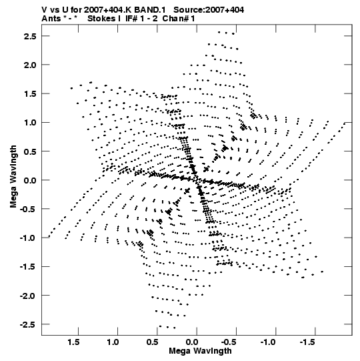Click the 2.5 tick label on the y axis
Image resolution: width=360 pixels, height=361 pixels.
[30, 36]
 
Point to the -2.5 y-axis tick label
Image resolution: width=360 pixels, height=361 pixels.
[28, 324]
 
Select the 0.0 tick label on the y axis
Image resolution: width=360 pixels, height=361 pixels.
[30, 180]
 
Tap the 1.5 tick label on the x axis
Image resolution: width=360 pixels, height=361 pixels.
[73, 342]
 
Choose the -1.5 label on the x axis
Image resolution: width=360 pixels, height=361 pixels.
[307, 342]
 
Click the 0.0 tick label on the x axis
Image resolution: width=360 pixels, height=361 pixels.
[192, 342]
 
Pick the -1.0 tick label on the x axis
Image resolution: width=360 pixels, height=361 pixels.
[268, 342]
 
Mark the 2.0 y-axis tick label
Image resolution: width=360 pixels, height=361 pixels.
[30, 65]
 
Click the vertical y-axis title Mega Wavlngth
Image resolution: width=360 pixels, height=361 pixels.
[13, 177]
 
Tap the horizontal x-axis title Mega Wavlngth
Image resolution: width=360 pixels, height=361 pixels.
[200, 351]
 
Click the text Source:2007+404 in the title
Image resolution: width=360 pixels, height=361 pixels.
[209, 10]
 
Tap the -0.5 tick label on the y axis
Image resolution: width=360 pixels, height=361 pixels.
[28, 209]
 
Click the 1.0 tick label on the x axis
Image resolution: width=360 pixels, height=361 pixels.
[113, 342]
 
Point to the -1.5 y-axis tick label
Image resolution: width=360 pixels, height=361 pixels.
[28, 267]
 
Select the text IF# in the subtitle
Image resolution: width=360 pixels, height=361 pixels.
[131, 19]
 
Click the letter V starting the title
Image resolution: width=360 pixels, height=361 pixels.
[44, 10]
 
